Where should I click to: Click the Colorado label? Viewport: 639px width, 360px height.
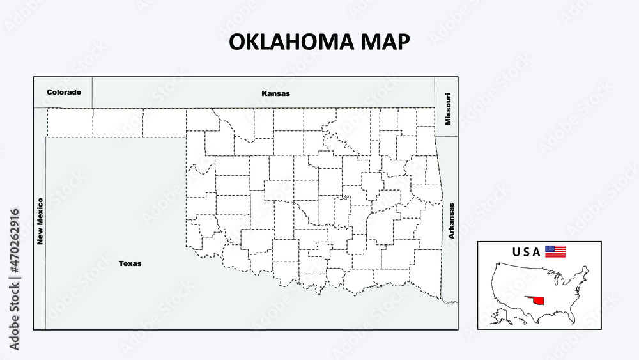click(64, 92)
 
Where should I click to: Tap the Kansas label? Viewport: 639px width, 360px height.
click(275, 93)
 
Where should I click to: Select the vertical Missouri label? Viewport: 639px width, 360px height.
click(449, 109)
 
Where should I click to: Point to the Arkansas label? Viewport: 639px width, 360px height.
click(451, 221)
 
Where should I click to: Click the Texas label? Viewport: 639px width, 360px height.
click(130, 263)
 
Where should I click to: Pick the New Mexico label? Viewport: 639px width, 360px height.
click(40, 221)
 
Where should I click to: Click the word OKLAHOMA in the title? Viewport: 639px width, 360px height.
click(284, 42)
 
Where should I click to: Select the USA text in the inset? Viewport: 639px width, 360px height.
click(526, 251)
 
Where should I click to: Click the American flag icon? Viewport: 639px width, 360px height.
click(555, 251)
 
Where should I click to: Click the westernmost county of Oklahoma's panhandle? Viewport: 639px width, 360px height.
click(70, 122)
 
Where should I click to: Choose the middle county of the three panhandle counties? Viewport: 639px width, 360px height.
click(118, 122)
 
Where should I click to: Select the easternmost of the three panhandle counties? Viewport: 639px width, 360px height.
click(164, 122)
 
